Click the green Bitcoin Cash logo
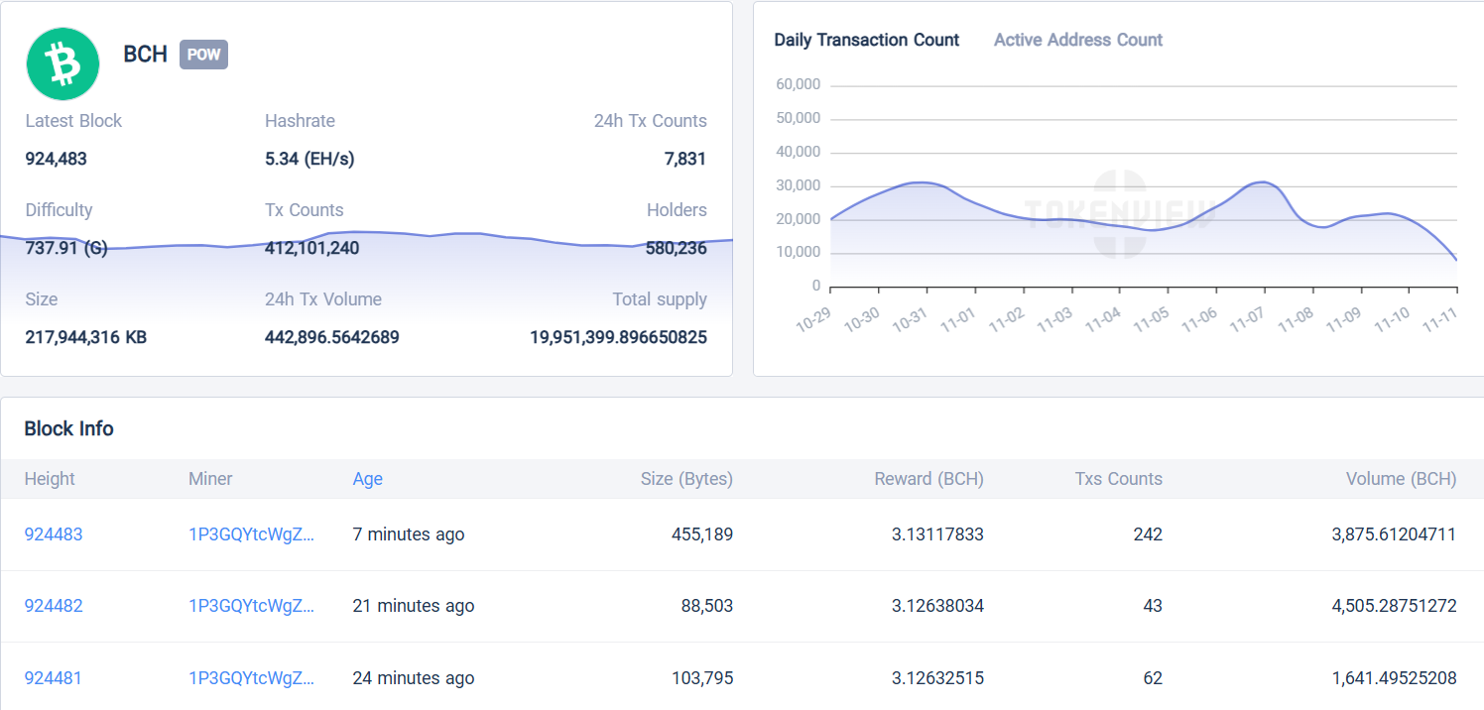pos(62,63)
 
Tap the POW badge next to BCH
pos(203,55)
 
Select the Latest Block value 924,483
pos(56,159)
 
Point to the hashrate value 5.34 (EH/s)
pos(309,159)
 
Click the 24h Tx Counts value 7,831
pos(684,159)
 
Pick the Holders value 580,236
pos(676,248)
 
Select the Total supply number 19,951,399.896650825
pos(618,337)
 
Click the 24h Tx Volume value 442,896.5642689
pos(331,337)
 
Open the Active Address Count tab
pos(1077,40)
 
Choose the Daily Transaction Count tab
pos(866,40)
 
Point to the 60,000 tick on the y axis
pos(798,85)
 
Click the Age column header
pos(367,479)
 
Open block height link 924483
pos(54,534)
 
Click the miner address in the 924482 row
pos(251,606)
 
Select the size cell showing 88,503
pos(706,606)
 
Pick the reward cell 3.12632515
pos(937,678)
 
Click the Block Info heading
pos(68,428)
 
